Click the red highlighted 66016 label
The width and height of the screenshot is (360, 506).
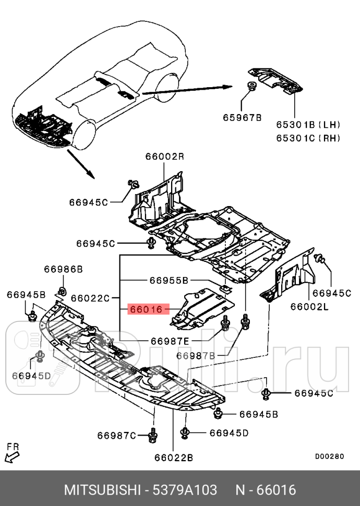coord(147,309)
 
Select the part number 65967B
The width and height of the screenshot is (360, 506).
coord(243,118)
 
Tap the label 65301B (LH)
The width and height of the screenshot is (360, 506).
coord(308,125)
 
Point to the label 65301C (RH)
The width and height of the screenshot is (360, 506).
coord(308,138)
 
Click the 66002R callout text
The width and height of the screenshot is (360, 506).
coord(164,156)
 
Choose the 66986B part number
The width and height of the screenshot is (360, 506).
coord(63,269)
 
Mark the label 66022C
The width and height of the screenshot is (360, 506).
coord(90,298)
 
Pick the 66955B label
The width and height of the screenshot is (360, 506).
coord(169,280)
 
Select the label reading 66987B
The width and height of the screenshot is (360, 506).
coord(196,356)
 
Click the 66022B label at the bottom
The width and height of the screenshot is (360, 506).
coord(174,458)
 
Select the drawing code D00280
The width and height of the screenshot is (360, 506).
coord(329,456)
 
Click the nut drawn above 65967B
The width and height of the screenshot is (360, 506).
coord(250,87)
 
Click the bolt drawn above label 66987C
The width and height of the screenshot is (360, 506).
coord(153,435)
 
